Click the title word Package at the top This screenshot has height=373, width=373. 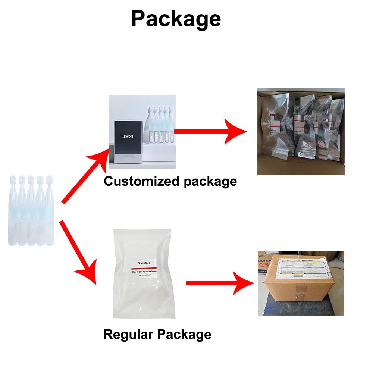click(x=176, y=19)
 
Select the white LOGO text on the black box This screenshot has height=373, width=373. click(x=127, y=137)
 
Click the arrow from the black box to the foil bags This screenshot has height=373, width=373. click(x=211, y=131)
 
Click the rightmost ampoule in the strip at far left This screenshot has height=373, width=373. click(x=50, y=213)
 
